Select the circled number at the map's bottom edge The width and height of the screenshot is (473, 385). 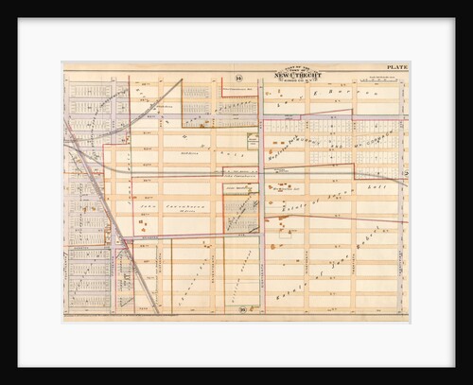point(241,310)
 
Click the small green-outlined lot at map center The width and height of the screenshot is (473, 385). point(252,139)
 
